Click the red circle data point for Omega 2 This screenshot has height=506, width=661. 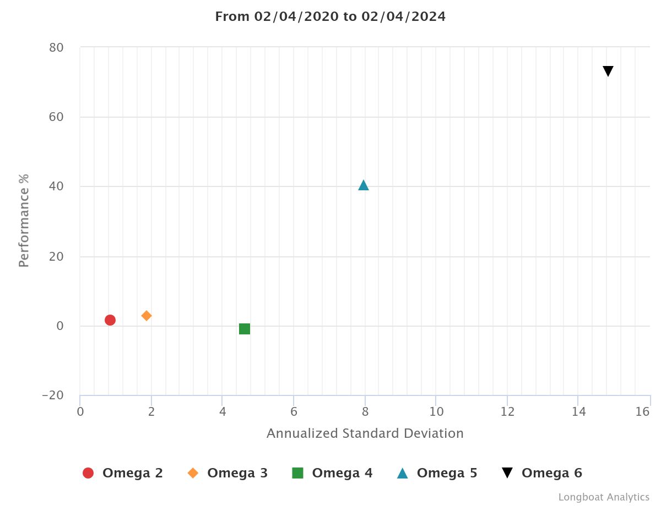click(x=110, y=320)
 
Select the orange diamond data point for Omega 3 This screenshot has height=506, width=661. click(x=147, y=316)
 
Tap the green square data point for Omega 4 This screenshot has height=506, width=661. click(x=245, y=329)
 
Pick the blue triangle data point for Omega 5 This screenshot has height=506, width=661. click(x=364, y=185)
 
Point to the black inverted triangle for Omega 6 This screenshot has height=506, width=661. click(x=608, y=71)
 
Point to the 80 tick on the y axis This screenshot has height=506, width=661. click(x=57, y=48)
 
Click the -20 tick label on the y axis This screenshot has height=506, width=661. click(x=53, y=396)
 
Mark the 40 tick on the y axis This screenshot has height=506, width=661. click(x=57, y=187)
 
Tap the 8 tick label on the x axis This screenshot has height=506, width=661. click(x=365, y=412)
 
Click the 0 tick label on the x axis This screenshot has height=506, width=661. click(x=80, y=412)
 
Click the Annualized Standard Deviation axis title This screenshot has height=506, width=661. click(x=365, y=433)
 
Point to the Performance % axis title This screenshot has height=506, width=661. click(x=24, y=220)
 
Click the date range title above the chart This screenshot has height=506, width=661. click(x=330, y=16)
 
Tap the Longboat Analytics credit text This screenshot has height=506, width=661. click(x=604, y=497)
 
